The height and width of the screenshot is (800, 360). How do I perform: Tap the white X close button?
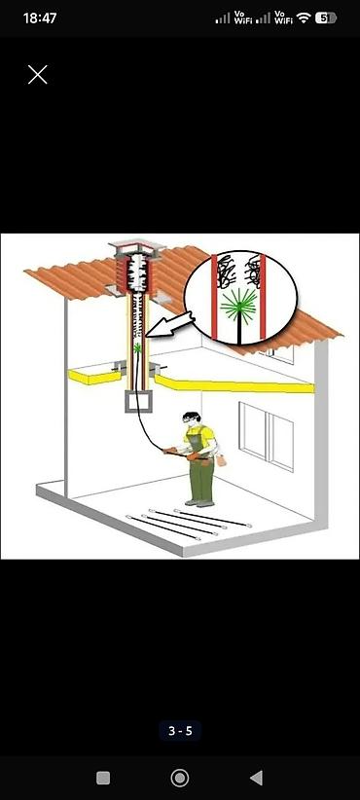tap(38, 75)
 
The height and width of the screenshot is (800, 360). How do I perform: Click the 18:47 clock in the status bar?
tap(39, 18)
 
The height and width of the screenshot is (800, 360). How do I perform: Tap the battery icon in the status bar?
tap(326, 18)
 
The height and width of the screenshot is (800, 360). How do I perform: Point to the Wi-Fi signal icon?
tap(304, 18)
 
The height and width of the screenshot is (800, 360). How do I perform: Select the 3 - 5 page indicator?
tap(180, 731)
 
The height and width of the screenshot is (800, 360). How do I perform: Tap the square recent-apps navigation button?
tap(103, 778)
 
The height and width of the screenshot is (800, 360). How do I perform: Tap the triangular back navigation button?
tap(256, 778)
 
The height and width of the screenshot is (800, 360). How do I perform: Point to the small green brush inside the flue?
tap(138, 348)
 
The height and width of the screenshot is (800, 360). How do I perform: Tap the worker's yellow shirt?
tap(200, 435)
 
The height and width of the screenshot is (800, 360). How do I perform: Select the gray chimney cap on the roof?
tap(136, 247)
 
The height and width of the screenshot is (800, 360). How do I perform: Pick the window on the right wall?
tap(267, 436)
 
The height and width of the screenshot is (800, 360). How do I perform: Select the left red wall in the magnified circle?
tap(215, 297)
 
